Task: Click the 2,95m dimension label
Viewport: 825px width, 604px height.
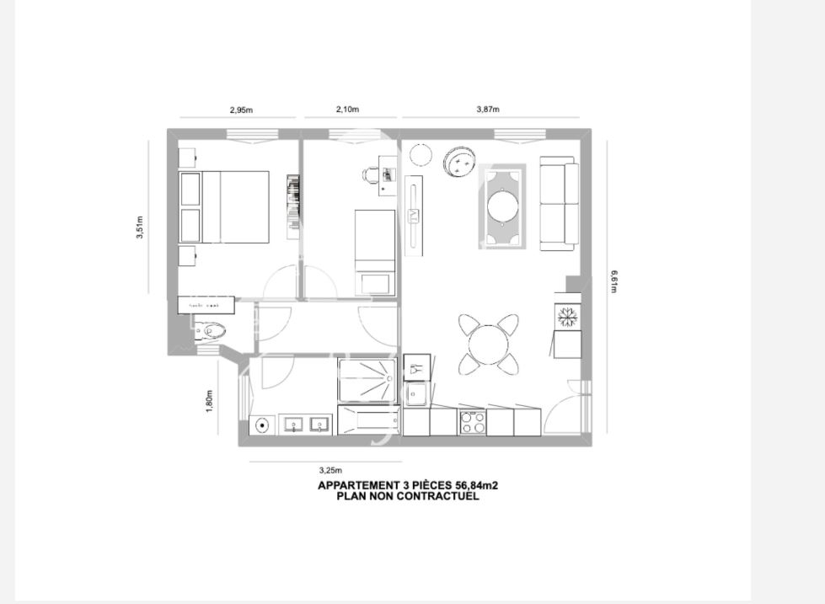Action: pyautogui.click(x=241, y=110)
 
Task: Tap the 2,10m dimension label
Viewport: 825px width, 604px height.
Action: pyautogui.click(x=347, y=110)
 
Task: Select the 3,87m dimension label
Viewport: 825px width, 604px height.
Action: pyautogui.click(x=487, y=110)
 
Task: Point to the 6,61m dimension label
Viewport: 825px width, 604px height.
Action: pyautogui.click(x=614, y=281)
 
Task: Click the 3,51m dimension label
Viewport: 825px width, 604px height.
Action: pyautogui.click(x=140, y=227)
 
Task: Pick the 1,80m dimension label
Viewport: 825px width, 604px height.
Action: pyautogui.click(x=210, y=400)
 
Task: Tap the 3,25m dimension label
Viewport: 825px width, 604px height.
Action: pyautogui.click(x=330, y=470)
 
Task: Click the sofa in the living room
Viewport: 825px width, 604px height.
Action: pyautogui.click(x=560, y=203)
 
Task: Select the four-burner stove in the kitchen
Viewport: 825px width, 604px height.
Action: pyautogui.click(x=472, y=422)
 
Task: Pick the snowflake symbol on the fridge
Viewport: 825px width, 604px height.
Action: pyautogui.click(x=567, y=317)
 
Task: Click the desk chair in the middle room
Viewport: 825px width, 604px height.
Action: pyautogui.click(x=372, y=174)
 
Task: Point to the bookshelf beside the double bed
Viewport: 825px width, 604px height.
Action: pyautogui.click(x=293, y=200)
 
